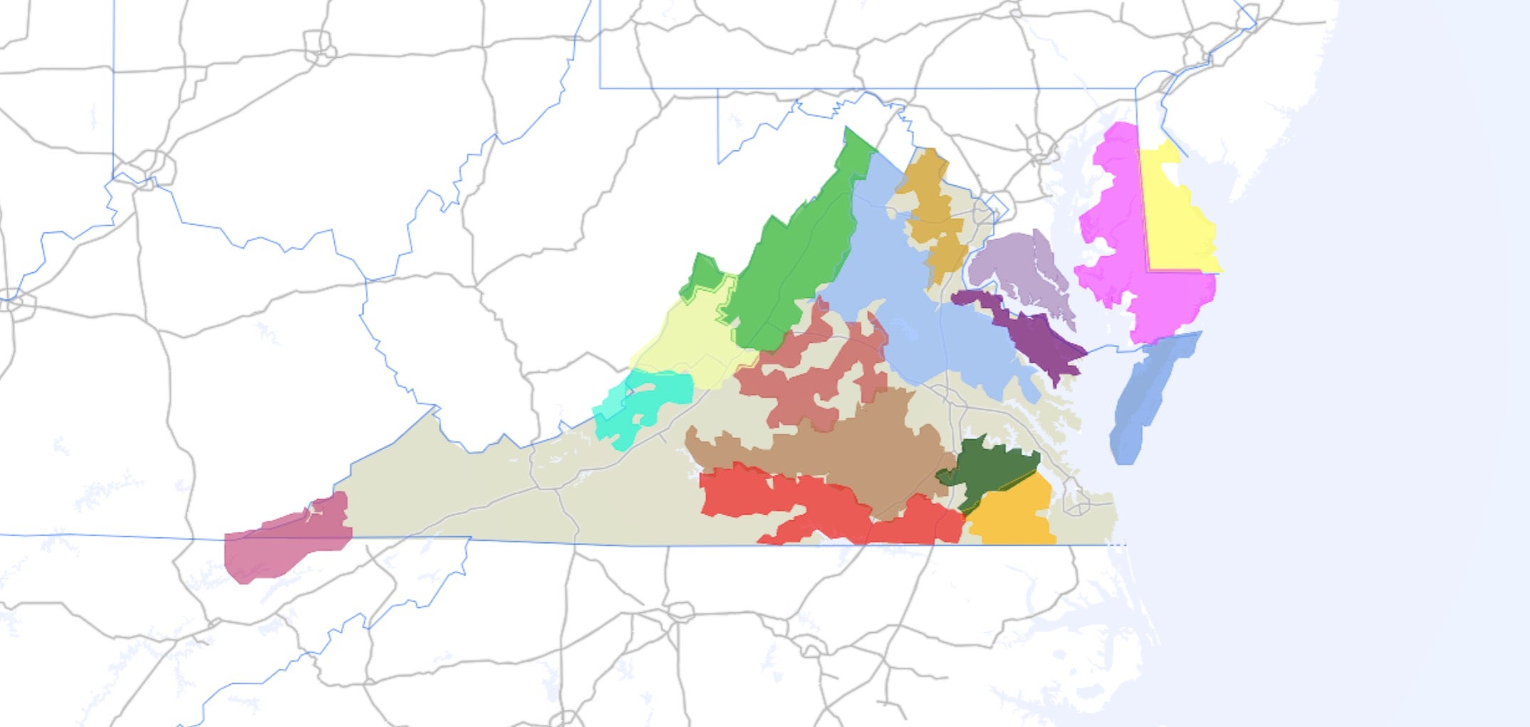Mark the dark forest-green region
click(990, 470)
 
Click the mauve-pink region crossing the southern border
click(285, 542)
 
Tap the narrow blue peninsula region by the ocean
click(1147, 399)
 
